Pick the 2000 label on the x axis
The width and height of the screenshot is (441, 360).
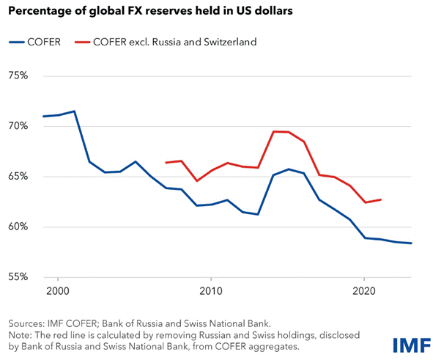58,292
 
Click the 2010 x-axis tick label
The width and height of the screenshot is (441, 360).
211,292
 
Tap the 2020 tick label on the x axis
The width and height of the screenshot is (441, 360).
365,292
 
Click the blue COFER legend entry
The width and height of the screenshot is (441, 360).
36,42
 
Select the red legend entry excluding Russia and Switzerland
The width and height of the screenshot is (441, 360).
164,42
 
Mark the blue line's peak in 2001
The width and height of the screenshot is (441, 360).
74,111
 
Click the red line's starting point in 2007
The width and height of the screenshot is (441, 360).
166,163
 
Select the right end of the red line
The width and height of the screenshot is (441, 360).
381,199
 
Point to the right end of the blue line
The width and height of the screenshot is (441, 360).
412,243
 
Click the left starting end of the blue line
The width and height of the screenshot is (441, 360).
43,117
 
